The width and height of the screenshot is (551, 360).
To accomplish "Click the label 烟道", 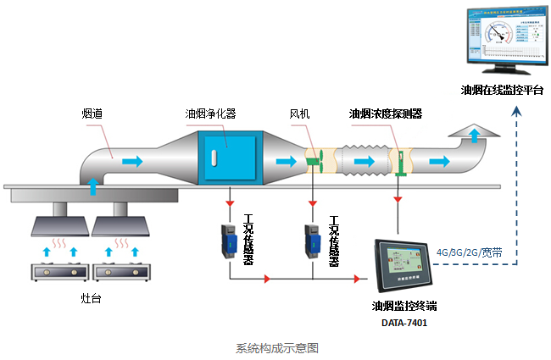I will (92, 113).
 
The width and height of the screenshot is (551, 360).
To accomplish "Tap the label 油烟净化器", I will (210, 113).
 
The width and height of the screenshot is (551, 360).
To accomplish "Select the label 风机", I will (300, 113).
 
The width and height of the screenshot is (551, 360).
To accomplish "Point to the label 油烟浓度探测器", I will (386, 113).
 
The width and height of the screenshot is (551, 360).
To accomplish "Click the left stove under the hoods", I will (56, 273).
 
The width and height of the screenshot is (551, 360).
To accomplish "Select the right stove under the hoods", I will (117, 273).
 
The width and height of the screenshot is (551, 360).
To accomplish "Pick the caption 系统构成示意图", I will (276, 347).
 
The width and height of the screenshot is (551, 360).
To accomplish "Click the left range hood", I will (58, 224).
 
